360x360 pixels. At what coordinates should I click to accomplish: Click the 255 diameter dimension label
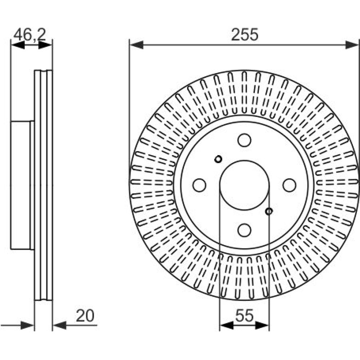[245, 35]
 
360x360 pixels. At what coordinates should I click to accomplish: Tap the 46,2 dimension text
[30, 35]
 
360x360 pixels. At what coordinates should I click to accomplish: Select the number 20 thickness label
[85, 316]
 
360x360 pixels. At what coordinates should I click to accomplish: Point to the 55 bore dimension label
[244, 315]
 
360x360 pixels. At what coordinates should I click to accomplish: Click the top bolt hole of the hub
[244, 140]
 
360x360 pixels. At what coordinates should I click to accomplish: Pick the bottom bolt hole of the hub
[244, 230]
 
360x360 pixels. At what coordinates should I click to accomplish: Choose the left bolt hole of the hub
[199, 185]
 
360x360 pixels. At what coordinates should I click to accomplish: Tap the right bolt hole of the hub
[289, 185]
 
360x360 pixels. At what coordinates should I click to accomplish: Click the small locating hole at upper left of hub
[218, 159]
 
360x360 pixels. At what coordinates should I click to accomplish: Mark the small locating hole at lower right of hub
[269, 211]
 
